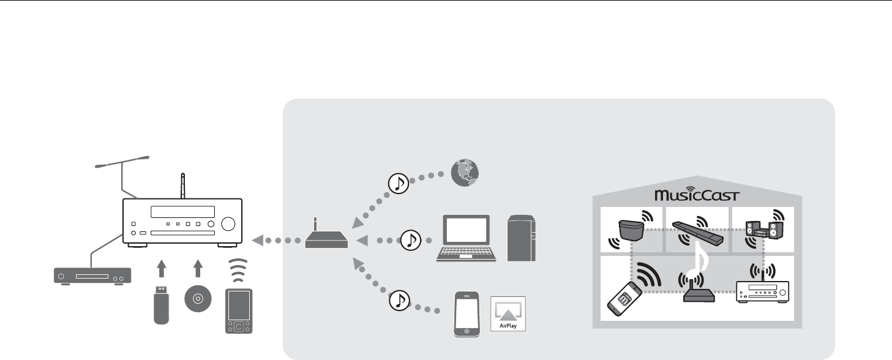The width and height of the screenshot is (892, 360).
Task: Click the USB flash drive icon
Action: click(x=160, y=304)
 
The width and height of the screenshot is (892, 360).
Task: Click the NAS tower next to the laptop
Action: click(x=522, y=239)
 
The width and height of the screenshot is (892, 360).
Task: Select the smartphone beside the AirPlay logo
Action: click(x=467, y=314)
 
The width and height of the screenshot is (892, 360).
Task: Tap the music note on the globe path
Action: click(x=398, y=182)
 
